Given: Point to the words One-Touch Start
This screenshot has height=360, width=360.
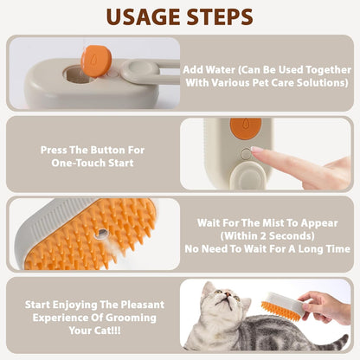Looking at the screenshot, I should point(93,162).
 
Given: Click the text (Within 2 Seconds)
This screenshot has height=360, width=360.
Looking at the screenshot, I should point(267,235).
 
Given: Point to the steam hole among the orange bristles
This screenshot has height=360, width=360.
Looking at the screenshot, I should point(103,233).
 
